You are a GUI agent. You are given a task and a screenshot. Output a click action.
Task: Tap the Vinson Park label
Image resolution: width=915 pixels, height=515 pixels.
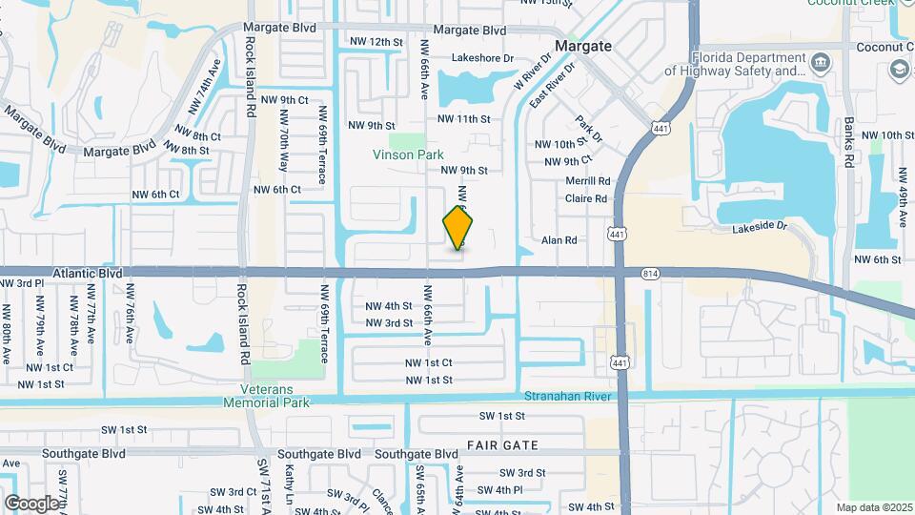(407, 153)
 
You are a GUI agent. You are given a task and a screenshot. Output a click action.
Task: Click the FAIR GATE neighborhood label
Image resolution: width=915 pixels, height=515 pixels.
(502, 445)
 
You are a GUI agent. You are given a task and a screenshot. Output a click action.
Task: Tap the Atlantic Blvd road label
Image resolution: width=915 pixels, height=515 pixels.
(88, 272)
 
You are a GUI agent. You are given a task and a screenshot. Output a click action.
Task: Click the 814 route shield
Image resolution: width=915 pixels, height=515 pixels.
(651, 274)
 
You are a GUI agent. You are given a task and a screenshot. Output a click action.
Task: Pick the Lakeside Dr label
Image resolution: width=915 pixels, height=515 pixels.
(760, 228)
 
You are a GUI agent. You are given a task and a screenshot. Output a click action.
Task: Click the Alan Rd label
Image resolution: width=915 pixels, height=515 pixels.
(559, 240)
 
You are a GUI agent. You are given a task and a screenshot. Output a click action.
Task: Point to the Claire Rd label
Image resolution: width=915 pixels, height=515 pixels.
(585, 198)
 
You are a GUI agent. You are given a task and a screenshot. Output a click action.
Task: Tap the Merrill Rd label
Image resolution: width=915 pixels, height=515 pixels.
(587, 180)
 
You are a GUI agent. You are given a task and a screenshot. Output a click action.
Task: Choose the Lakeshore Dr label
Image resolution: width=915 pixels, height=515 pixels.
(482, 57)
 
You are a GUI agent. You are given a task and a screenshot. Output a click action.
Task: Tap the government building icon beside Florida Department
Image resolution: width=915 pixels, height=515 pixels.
(821, 63)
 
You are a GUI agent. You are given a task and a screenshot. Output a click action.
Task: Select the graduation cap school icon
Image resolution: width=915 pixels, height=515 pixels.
(898, 70)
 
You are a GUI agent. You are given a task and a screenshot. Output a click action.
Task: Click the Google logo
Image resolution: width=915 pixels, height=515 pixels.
(31, 503)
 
